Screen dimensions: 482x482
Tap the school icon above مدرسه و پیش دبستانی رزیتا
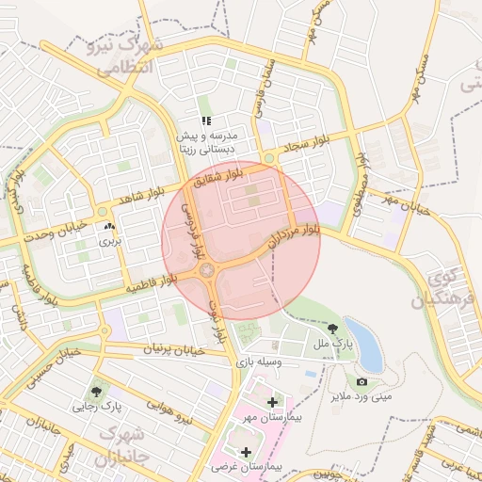click(206, 120)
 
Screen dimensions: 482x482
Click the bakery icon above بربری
click(110, 227)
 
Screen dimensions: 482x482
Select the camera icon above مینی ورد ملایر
click(361, 381)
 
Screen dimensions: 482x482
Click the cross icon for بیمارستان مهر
click(273, 403)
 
